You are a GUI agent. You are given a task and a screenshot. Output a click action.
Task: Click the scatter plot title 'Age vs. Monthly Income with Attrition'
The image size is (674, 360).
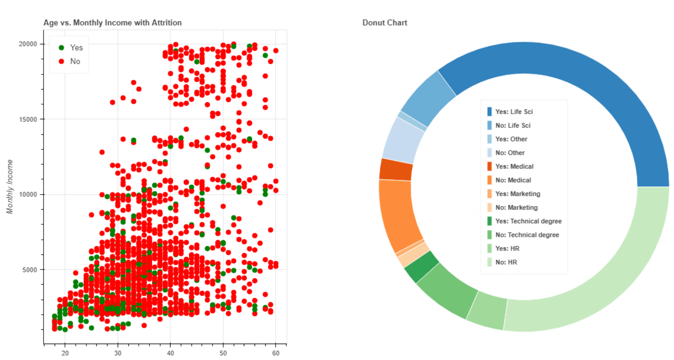point(112,23)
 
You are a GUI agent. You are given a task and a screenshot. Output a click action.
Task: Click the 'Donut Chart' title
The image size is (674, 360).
point(384,23)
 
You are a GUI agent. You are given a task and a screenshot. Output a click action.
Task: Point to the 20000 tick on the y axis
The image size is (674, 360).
point(28,44)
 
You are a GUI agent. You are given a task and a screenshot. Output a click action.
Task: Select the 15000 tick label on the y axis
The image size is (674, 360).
point(28,119)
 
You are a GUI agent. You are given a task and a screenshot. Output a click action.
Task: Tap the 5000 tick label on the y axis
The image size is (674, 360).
point(29,270)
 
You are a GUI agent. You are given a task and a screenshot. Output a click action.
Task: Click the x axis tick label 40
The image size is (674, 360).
point(171,353)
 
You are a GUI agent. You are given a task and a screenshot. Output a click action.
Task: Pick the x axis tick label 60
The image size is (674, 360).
point(276,353)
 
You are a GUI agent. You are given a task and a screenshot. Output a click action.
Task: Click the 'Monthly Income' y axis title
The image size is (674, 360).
point(10,187)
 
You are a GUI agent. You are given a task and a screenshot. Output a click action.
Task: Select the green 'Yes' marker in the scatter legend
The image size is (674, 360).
point(61,48)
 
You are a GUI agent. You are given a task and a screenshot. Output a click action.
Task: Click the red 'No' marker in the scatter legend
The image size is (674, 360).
point(61,61)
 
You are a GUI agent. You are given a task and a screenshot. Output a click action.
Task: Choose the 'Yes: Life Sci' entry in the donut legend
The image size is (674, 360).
point(513,112)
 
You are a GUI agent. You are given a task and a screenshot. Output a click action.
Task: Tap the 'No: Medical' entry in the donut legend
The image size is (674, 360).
point(513,180)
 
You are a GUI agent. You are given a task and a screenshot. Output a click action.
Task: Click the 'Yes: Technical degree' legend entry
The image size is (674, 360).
point(528,221)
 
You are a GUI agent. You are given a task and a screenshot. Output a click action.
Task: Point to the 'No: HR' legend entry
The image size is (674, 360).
point(506,262)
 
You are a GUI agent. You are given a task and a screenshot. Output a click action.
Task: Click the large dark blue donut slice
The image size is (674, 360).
point(575,79)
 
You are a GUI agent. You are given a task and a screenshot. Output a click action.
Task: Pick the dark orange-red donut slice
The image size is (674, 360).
point(396,170)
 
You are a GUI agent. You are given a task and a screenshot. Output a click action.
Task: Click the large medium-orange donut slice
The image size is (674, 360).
point(399,214)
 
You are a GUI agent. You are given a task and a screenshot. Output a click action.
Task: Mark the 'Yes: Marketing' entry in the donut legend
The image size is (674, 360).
point(517,194)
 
